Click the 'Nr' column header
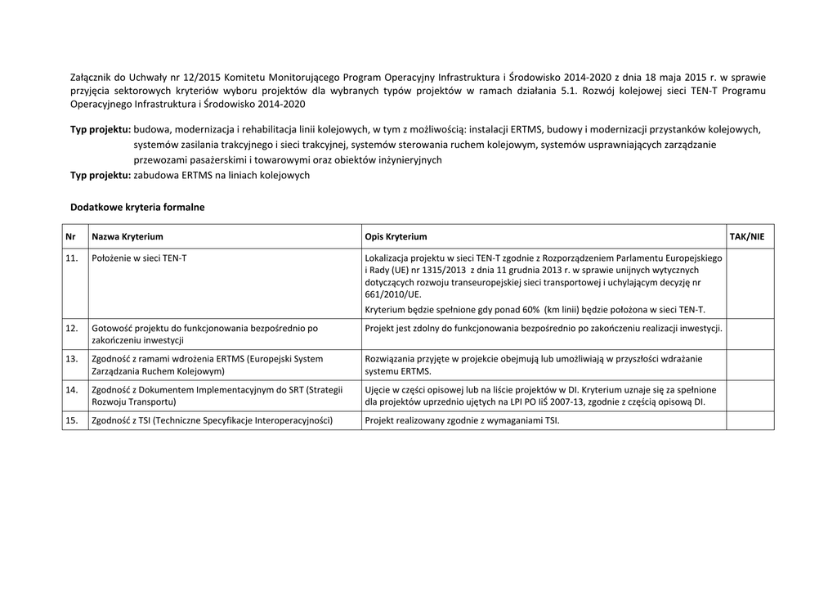click(x=70, y=236)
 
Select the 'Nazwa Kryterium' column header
click(x=127, y=236)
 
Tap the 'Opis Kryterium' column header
click(x=396, y=236)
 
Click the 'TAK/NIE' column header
click(x=747, y=236)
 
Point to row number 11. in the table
click(x=72, y=258)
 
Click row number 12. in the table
click(x=72, y=328)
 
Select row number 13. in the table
click(x=72, y=358)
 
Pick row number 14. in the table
click(x=72, y=389)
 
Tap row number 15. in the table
click(x=72, y=420)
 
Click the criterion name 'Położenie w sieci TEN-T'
click(x=139, y=258)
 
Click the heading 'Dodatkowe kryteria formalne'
click(x=137, y=207)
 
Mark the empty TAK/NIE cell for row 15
click(x=750, y=420)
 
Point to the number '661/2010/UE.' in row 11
click(x=393, y=294)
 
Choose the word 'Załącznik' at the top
click(x=91, y=78)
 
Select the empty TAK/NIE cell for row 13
click(x=750, y=365)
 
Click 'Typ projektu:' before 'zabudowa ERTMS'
click(x=101, y=175)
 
